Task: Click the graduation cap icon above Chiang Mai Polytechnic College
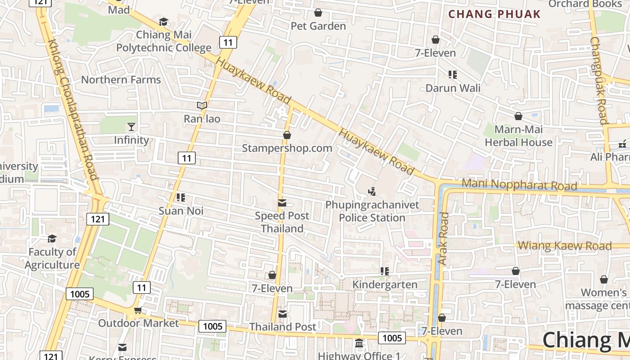coord(163,22)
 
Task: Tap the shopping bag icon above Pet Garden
coord(318,13)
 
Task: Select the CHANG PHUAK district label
coord(494,14)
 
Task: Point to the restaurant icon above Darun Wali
coord(453,75)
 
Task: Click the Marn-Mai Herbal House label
coord(518,136)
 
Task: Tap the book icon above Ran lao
coord(202,106)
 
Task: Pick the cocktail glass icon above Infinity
coord(131,127)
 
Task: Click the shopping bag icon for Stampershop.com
coord(287,135)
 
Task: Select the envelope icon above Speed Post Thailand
coord(282,203)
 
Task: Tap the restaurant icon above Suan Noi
coord(181,198)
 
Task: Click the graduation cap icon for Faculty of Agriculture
coord(52,238)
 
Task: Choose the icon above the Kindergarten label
coord(384,271)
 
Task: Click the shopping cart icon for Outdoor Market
coord(138,310)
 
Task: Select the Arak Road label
coord(444,238)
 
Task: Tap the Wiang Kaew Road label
coord(565,246)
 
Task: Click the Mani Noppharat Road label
coord(519,184)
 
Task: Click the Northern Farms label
coord(121,80)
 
